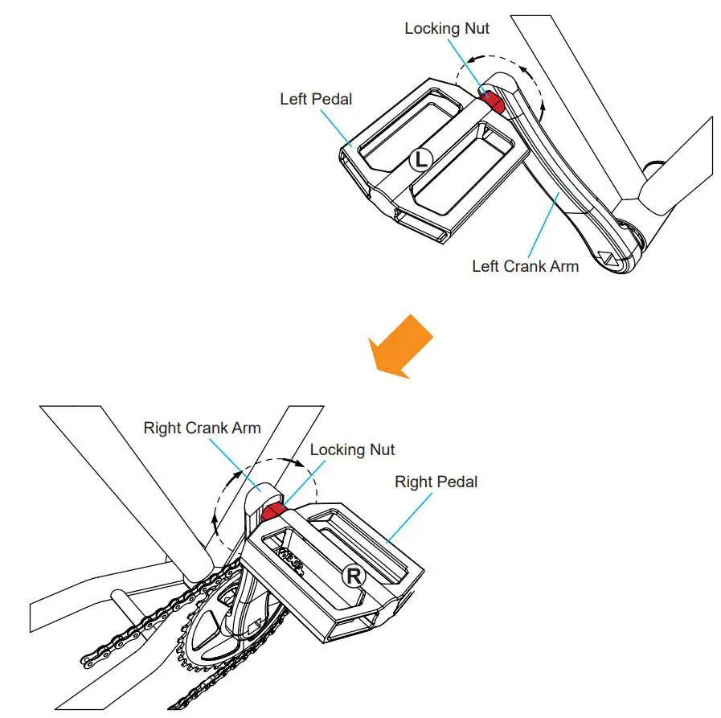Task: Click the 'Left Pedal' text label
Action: pyautogui.click(x=316, y=99)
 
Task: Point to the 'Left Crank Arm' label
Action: pyautogui.click(x=525, y=266)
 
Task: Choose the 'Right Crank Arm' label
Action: pyautogui.click(x=202, y=428)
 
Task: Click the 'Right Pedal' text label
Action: pyautogui.click(x=436, y=482)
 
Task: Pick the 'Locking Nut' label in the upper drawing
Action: pyautogui.click(x=447, y=28)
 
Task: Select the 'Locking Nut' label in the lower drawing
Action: pyautogui.click(x=352, y=449)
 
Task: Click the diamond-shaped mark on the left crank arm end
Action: pyautogui.click(x=608, y=259)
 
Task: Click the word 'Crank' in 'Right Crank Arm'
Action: pyautogui.click(x=208, y=428)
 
